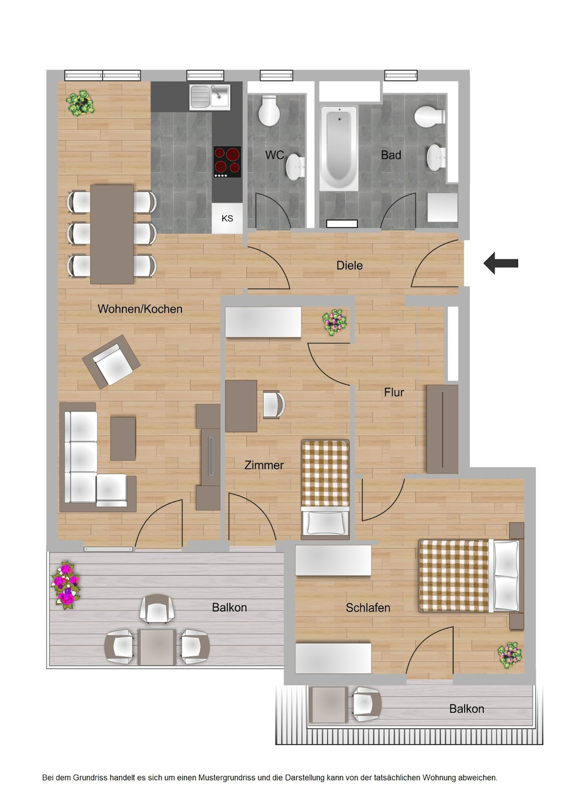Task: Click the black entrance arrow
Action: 500,263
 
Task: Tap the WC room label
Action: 274,155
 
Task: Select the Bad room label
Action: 391,155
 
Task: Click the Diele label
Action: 349,265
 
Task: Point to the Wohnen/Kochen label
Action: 140,309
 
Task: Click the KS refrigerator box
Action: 227,218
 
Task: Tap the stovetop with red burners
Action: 227,161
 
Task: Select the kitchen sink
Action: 209,96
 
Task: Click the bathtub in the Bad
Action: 339,148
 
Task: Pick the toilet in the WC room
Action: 269,111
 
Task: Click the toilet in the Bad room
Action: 429,116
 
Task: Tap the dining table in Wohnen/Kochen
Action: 112,234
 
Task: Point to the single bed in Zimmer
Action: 325,487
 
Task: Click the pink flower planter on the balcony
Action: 66,585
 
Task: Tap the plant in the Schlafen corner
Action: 509,654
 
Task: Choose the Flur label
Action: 394,392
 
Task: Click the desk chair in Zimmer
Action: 273,404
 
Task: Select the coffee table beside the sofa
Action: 123,438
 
